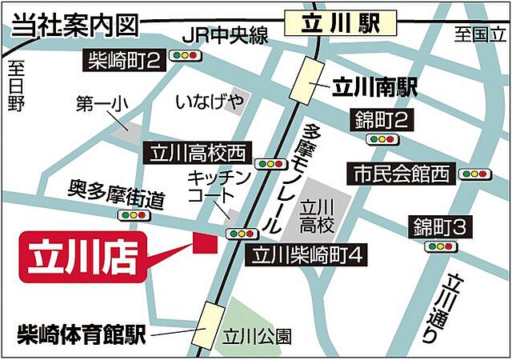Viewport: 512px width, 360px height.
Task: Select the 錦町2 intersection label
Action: click(381, 121)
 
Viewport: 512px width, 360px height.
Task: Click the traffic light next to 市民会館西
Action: click(474, 173)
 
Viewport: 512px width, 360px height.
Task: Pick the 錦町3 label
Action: click(438, 227)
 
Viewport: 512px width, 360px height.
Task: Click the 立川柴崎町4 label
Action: click(309, 256)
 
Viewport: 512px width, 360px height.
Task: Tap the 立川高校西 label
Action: click(197, 152)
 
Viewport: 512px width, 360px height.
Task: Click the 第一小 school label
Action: click(102, 104)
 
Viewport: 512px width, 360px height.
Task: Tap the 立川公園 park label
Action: click(258, 337)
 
